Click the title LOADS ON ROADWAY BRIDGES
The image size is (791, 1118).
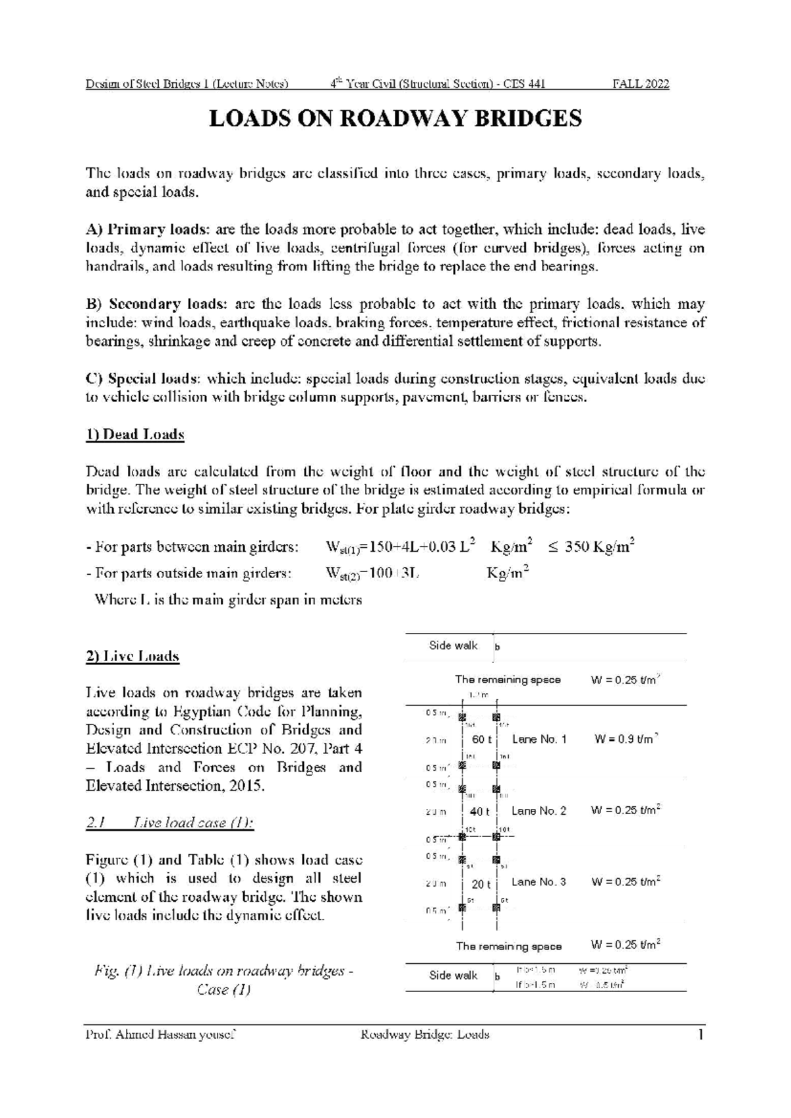tap(395, 119)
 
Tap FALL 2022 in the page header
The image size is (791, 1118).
tap(641, 84)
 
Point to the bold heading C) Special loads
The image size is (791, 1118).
tap(144, 379)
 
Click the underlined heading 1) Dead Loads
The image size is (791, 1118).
tap(135, 435)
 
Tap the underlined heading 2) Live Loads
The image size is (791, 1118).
tap(132, 657)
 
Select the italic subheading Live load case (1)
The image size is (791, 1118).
tap(170, 823)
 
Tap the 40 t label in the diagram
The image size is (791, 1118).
tap(480, 811)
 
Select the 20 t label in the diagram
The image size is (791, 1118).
tap(481, 883)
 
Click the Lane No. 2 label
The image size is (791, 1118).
tap(539, 811)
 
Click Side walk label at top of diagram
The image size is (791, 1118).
tap(453, 645)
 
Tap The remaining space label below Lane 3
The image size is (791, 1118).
tap(508, 946)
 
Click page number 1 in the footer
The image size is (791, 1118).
tap(701, 1035)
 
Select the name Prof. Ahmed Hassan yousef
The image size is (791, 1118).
tap(161, 1035)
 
